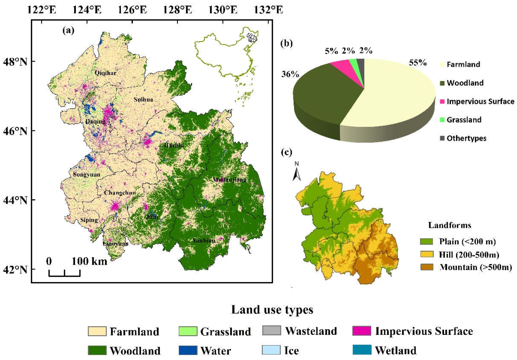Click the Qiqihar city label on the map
click(x=106, y=73)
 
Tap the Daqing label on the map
click(x=95, y=122)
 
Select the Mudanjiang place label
click(x=230, y=180)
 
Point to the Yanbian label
click(x=204, y=240)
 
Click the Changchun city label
click(x=120, y=193)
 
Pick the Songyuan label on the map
click(x=86, y=175)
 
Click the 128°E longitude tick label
click(x=178, y=10)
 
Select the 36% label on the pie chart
click(x=290, y=74)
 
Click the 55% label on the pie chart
click(x=418, y=63)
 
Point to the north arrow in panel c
click(x=297, y=172)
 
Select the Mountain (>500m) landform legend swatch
click(x=426, y=267)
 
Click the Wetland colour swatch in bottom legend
click(x=362, y=350)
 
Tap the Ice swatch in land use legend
click(x=271, y=350)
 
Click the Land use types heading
click(x=272, y=310)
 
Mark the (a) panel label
click(x=69, y=30)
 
